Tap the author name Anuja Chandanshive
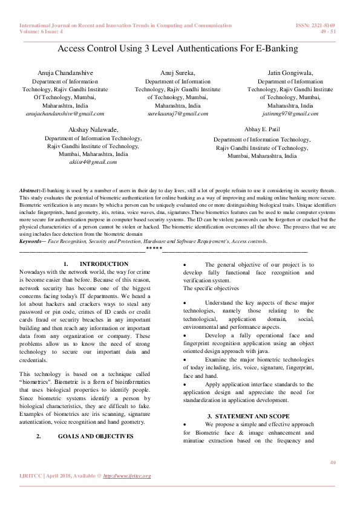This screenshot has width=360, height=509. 65,73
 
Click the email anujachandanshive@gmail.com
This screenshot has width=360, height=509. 65,113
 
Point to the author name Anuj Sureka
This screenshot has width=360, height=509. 178,73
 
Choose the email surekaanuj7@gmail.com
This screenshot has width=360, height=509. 178,113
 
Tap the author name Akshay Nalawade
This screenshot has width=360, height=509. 93,130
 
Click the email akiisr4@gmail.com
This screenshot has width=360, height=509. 93,162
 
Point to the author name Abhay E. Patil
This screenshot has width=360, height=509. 262,130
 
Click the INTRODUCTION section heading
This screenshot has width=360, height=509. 104,264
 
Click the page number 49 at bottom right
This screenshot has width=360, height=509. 332,462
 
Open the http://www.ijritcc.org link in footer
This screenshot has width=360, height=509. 127,476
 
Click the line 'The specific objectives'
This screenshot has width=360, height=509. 211,289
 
